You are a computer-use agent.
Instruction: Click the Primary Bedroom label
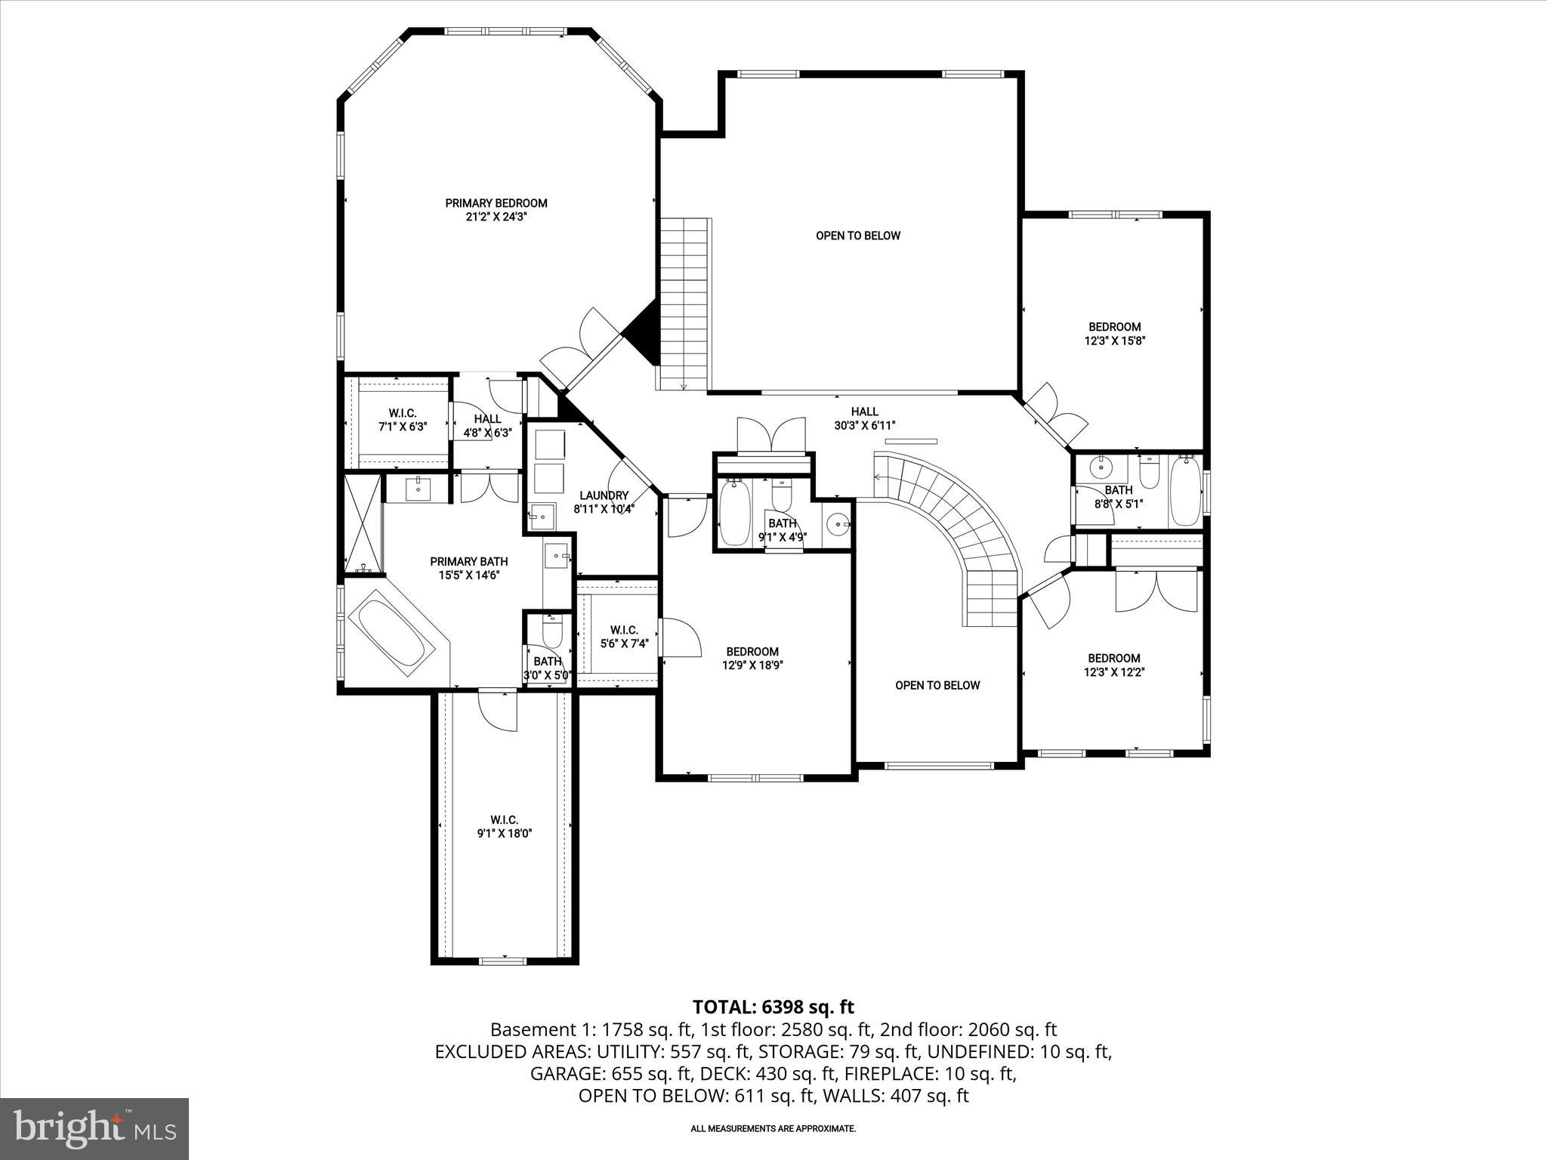(x=496, y=203)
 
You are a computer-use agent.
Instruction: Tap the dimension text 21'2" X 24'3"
(x=496, y=217)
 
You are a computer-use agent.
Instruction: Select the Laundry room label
(x=604, y=495)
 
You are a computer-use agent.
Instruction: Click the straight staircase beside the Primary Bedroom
(x=684, y=302)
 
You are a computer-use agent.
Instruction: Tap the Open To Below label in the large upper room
(x=858, y=236)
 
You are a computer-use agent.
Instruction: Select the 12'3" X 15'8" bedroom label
(x=1114, y=334)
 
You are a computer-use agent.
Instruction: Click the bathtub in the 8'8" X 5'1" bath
(x=1184, y=491)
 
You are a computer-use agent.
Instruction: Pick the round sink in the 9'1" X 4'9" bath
(x=838, y=523)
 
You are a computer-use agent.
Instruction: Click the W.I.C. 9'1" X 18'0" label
(x=504, y=827)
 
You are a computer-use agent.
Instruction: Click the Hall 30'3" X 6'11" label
(x=864, y=418)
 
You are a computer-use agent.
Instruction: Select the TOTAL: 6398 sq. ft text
(x=773, y=1007)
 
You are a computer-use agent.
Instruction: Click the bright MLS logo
(x=94, y=1128)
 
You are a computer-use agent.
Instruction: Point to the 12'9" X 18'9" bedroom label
(x=752, y=659)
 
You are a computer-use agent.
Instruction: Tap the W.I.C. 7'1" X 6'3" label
(x=403, y=420)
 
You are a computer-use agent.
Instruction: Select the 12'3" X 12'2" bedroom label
(x=1114, y=665)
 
